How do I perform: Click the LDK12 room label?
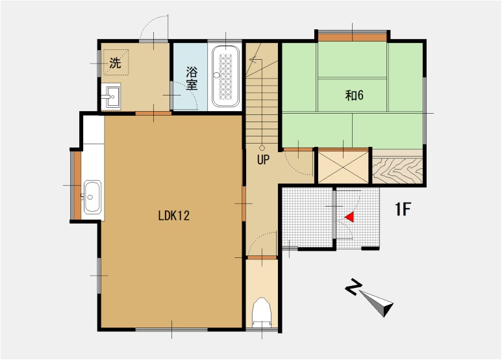[x=174, y=216]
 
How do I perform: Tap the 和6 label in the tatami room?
[x=355, y=95]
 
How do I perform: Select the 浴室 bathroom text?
[x=192, y=79]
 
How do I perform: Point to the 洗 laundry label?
[x=115, y=62]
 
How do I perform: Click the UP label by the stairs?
[x=263, y=159]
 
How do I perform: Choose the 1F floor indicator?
[x=403, y=209]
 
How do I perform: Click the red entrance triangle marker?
[x=349, y=217]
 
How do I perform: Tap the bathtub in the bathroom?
[x=226, y=76]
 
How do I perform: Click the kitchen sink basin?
[x=92, y=197]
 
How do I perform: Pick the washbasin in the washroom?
[x=111, y=96]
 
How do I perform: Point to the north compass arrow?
[x=377, y=303]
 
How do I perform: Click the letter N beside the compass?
[x=353, y=287]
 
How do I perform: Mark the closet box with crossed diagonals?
[x=343, y=167]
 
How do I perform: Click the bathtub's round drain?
[x=217, y=75]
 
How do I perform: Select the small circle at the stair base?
[x=262, y=148]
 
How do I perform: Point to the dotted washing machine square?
[x=116, y=62]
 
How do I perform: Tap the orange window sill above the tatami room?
[x=352, y=37]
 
